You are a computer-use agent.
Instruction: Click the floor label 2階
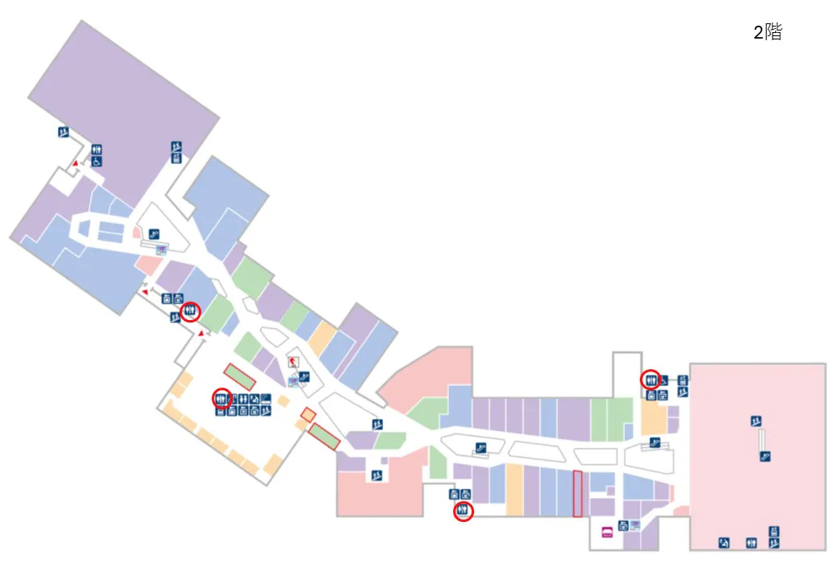(768, 32)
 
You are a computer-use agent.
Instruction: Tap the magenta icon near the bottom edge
(607, 532)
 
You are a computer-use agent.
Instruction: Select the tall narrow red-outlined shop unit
(578, 494)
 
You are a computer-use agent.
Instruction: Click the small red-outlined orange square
(308, 415)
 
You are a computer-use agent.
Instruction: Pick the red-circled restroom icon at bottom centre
(463, 511)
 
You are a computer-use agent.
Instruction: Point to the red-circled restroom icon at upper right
(650, 380)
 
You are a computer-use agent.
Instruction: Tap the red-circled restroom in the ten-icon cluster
(221, 398)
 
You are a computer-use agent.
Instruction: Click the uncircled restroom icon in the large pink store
(751, 544)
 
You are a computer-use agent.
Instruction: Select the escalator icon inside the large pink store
(765, 457)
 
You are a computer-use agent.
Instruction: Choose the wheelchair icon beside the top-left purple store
(97, 161)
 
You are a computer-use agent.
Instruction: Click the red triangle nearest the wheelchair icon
(76, 163)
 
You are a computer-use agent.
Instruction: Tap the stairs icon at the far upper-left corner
(64, 132)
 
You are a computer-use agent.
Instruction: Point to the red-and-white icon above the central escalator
(293, 363)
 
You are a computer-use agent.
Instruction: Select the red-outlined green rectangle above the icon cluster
(239, 376)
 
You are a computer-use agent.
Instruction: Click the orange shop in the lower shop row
(514, 490)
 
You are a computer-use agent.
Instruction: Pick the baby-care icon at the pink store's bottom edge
(724, 544)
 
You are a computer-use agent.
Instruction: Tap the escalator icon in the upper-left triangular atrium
(154, 234)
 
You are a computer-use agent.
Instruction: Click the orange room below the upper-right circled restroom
(653, 418)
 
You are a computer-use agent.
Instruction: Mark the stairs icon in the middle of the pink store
(756, 421)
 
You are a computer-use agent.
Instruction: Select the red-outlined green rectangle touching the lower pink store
(324, 437)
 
